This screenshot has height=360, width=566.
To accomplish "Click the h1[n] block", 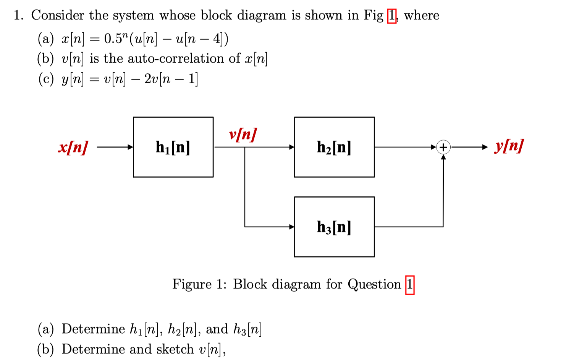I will pos(173,147).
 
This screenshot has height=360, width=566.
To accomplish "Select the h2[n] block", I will pos(334,147).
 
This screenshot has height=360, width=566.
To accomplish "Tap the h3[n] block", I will pos(334,227).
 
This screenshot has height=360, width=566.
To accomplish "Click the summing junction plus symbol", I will pos(443,147).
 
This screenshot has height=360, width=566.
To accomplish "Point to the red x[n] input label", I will pos(73,147).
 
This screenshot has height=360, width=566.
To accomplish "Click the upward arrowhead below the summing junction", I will pos(443,157).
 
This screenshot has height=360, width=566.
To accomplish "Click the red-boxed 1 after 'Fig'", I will pos(392,16).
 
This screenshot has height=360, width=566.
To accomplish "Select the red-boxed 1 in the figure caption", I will pos(410,285).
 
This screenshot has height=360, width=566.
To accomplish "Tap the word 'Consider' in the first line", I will pos(58,15).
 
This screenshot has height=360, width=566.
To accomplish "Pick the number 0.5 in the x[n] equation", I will pos(113,39).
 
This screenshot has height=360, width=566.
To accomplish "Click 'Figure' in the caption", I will pos(192,284).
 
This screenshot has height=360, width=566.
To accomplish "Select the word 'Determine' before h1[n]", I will pos(93,329).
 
